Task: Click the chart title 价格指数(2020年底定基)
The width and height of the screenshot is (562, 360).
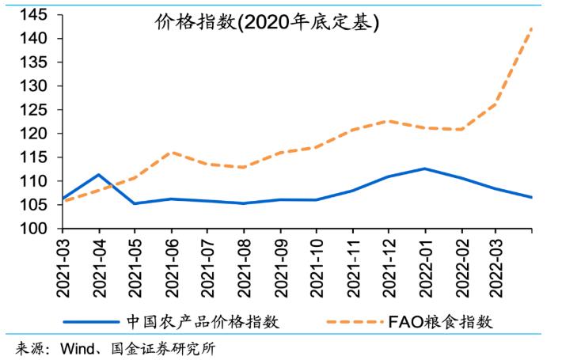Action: tap(267, 23)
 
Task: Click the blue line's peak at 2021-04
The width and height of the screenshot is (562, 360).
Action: tap(98, 175)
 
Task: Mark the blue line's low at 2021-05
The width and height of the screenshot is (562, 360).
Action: tap(135, 203)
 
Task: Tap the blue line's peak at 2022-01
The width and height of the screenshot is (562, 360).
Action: tap(425, 169)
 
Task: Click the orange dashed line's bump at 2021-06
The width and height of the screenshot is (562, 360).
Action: tap(172, 152)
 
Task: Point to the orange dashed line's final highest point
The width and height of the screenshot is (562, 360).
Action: tap(531, 28)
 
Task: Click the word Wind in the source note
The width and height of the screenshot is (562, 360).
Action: tap(78, 349)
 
